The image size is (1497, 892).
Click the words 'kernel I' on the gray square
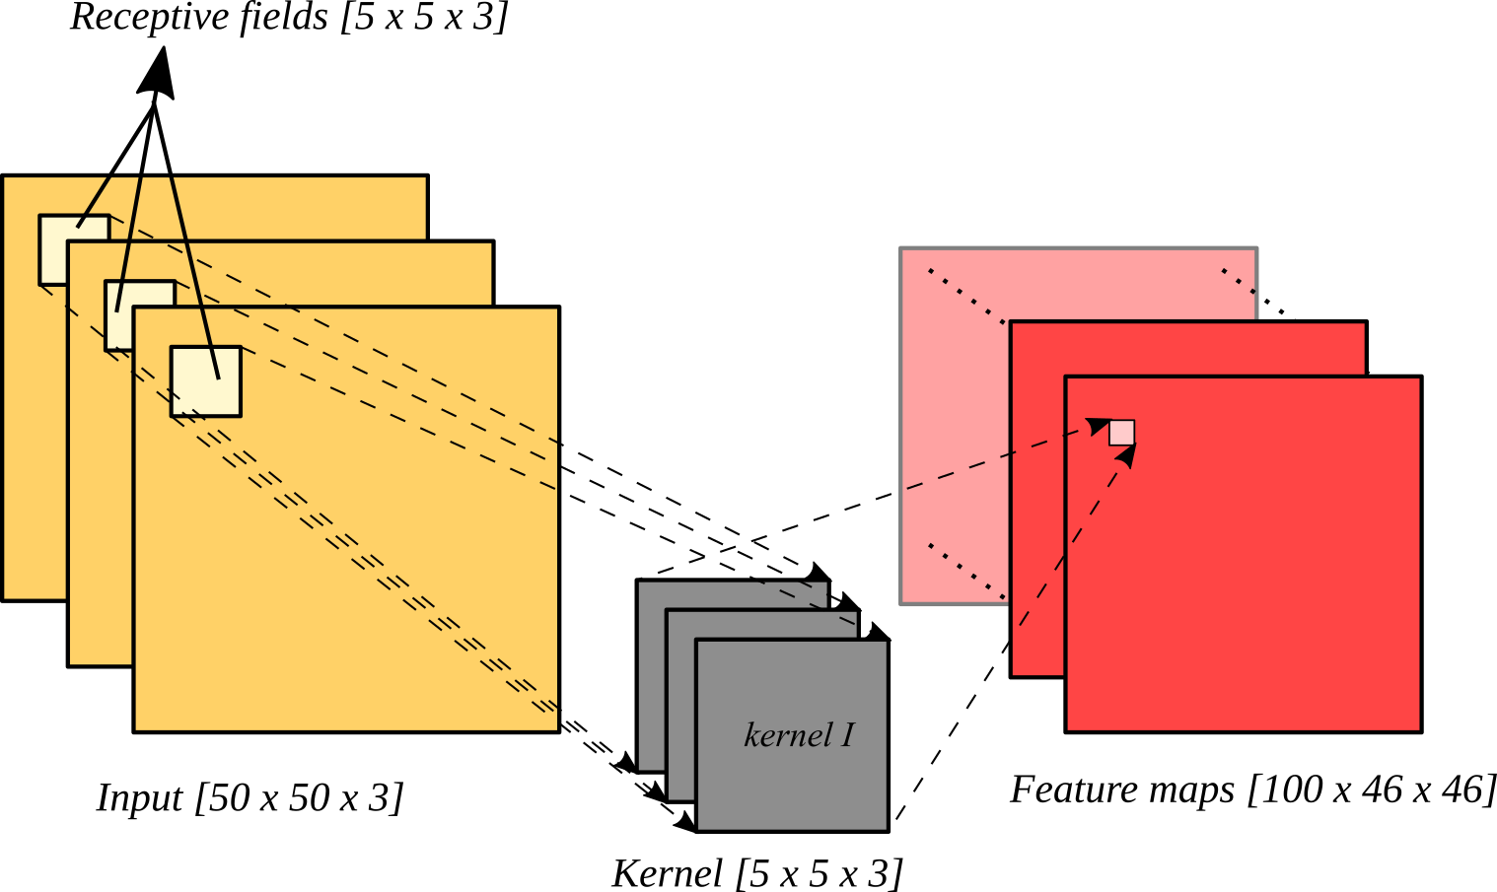[x=798, y=735]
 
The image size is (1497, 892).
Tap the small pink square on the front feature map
[x=1121, y=433]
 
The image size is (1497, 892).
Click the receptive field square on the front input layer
[x=205, y=381]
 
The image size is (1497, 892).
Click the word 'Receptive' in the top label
[x=133, y=18]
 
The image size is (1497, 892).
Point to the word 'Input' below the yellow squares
[x=140, y=797]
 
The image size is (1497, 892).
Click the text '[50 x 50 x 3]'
[x=300, y=797]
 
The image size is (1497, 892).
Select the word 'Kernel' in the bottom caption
[x=667, y=873]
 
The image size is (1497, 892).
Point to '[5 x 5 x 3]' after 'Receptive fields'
[x=424, y=18]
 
